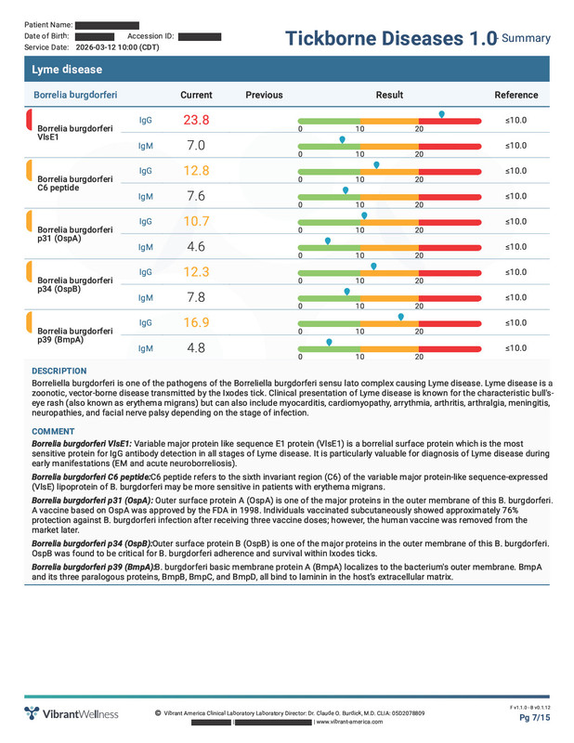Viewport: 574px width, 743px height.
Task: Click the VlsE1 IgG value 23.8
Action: pos(196,121)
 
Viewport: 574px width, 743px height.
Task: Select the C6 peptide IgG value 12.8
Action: pos(196,171)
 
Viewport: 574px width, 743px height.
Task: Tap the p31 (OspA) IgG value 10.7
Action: pos(196,221)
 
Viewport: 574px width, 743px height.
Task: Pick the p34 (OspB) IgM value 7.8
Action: pos(196,297)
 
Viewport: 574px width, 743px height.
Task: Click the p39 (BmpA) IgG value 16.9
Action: pos(196,322)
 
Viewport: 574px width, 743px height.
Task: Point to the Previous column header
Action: pos(264,95)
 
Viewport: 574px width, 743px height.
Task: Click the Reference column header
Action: pos(515,95)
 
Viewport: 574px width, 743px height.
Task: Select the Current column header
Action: pos(196,95)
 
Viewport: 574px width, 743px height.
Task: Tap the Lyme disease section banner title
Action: pos(66,70)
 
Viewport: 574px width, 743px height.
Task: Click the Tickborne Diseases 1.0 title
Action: pos(390,38)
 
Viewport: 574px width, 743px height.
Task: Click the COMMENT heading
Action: pos(54,432)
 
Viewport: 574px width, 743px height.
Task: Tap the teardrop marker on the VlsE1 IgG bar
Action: pos(441,114)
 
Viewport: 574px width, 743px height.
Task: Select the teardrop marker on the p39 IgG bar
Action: pos(400,316)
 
